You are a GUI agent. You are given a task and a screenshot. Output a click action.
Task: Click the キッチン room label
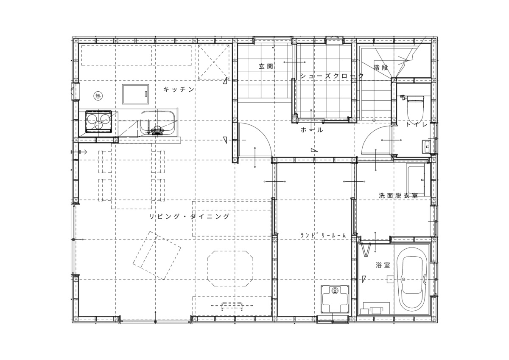coord(179,90)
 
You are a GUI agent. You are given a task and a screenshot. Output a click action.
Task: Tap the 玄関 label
coord(266,66)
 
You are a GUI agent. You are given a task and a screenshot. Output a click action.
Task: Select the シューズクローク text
coord(332,76)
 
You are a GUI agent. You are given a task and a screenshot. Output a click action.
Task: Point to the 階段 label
coord(381,67)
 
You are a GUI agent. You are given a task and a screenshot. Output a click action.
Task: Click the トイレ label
coord(417,124)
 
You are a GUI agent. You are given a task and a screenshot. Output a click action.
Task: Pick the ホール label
coord(312,130)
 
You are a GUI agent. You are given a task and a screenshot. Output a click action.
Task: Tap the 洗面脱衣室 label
coord(398,196)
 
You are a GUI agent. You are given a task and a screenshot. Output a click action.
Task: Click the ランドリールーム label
coord(323,235)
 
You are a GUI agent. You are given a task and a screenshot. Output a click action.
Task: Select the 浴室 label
coord(383,265)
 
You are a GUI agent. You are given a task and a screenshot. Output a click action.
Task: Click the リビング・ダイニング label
coord(189,216)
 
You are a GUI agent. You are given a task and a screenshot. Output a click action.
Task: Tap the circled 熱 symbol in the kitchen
coord(98,96)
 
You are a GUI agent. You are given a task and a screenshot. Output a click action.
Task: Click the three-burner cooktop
coord(98,121)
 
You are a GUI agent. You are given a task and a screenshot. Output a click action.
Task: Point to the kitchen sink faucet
coord(156,130)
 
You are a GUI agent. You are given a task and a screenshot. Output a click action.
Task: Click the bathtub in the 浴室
coord(413,281)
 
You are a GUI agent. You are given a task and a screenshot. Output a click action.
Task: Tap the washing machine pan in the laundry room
coord(335,300)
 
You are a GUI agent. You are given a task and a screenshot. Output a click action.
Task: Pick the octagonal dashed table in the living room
coord(230,269)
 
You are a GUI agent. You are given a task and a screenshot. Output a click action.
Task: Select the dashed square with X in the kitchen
coord(214,62)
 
